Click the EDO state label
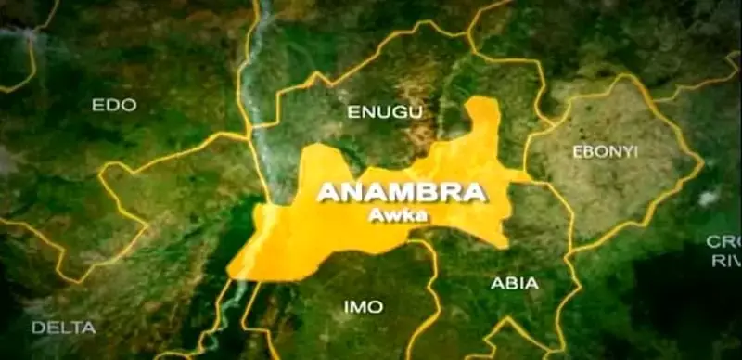(x=114, y=105)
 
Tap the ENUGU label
(x=385, y=112)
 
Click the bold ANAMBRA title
(x=402, y=193)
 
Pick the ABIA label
(x=515, y=283)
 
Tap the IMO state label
(x=363, y=305)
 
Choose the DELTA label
(x=64, y=327)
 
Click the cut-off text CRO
(x=723, y=241)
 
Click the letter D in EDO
(x=114, y=105)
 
